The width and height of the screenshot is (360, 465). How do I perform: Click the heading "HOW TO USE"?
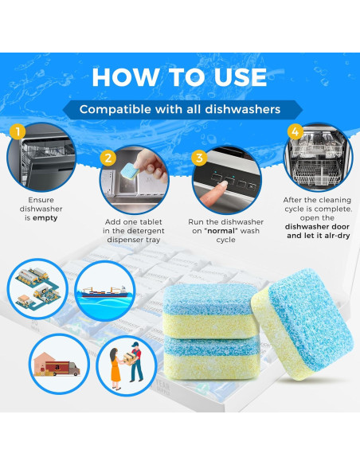pyautogui.click(x=179, y=76)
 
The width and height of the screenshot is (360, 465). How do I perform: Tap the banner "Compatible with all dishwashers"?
pyautogui.click(x=179, y=109)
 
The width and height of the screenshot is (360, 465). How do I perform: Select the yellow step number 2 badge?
pyautogui.click(x=108, y=158)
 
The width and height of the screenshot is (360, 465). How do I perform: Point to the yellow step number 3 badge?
pyautogui.click(x=200, y=158)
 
